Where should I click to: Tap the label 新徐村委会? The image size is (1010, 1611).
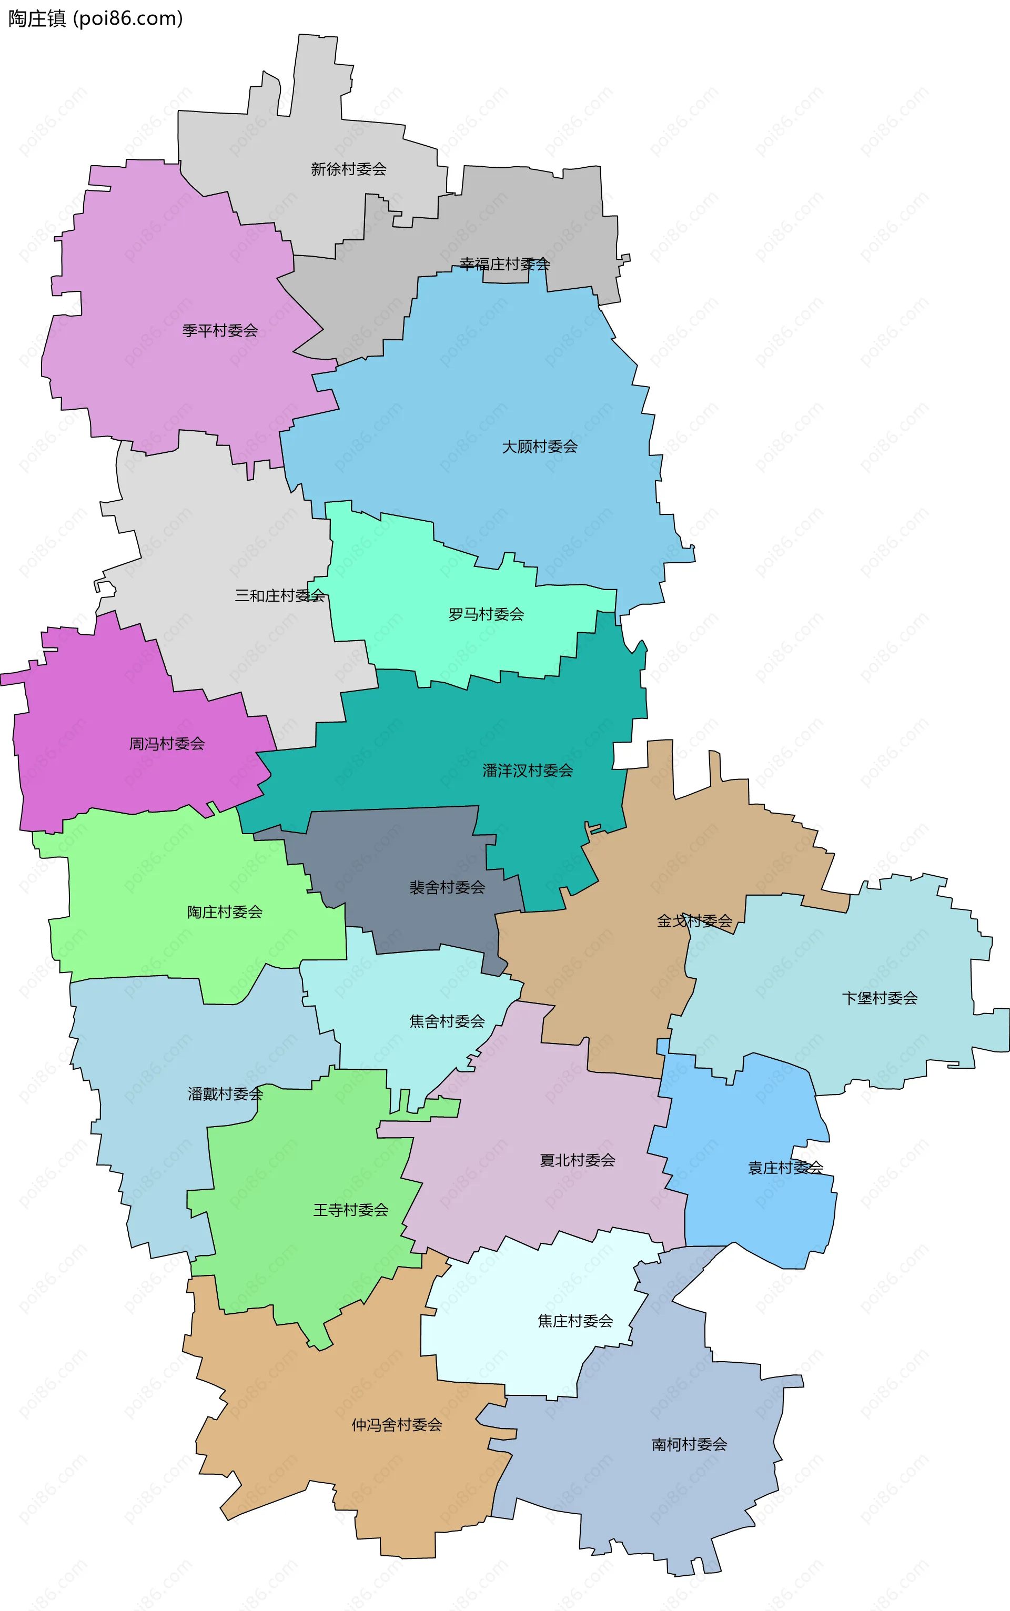(x=349, y=169)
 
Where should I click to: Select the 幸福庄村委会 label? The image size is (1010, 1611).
(x=504, y=264)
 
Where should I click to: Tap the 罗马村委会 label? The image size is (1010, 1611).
(x=486, y=614)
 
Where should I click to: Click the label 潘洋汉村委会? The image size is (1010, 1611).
(x=528, y=770)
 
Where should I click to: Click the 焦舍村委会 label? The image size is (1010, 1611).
(x=447, y=1021)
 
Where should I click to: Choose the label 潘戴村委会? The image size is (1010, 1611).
(x=225, y=1094)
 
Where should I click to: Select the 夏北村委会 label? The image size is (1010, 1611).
(x=577, y=1160)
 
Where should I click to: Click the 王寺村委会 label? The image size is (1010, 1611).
(x=351, y=1210)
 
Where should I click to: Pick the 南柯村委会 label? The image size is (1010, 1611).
(x=689, y=1444)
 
